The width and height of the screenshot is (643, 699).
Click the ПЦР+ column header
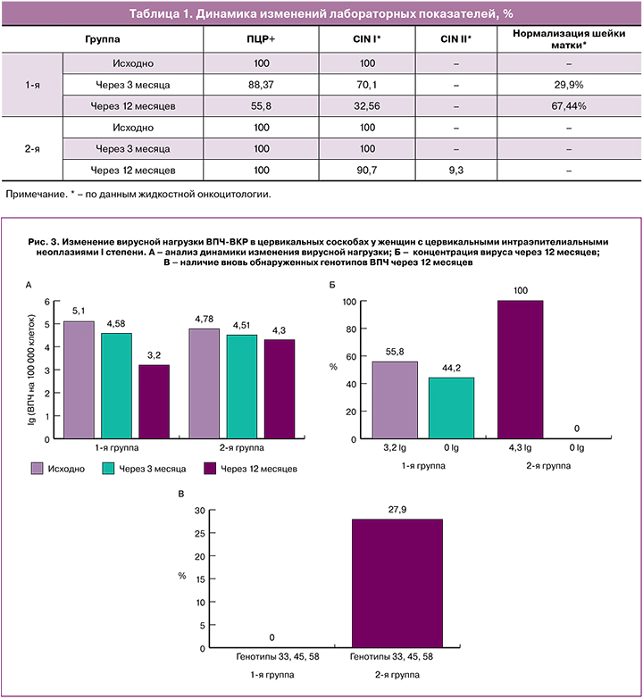click(261, 40)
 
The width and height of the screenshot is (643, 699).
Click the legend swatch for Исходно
click(38, 467)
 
